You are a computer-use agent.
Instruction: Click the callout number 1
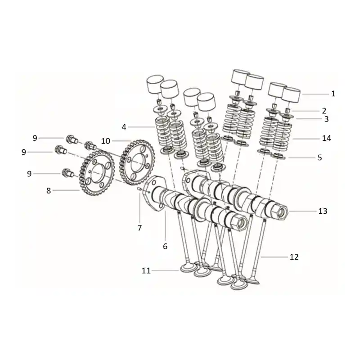coord(333,94)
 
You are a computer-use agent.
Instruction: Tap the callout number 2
coord(324,111)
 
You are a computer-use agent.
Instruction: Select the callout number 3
coord(326,119)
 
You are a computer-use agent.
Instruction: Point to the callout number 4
coord(124,127)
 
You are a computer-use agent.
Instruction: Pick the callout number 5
coord(319,157)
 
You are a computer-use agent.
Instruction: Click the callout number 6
coord(165,246)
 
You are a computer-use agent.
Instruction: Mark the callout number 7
coord(139,228)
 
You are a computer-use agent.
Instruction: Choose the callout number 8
coord(49,190)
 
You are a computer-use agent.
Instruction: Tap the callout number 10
coord(106,141)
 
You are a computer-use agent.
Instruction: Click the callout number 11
coord(146,270)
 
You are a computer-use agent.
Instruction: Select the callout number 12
coord(294,256)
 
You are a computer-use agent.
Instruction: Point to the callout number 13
coord(323,211)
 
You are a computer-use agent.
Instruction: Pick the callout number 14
coord(327,138)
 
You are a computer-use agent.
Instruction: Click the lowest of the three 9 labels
coord(29,174)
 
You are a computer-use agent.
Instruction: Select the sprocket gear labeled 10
coord(137,162)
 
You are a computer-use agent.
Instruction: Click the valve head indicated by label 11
coord(189,268)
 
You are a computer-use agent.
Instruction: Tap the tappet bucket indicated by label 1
coord(291,94)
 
